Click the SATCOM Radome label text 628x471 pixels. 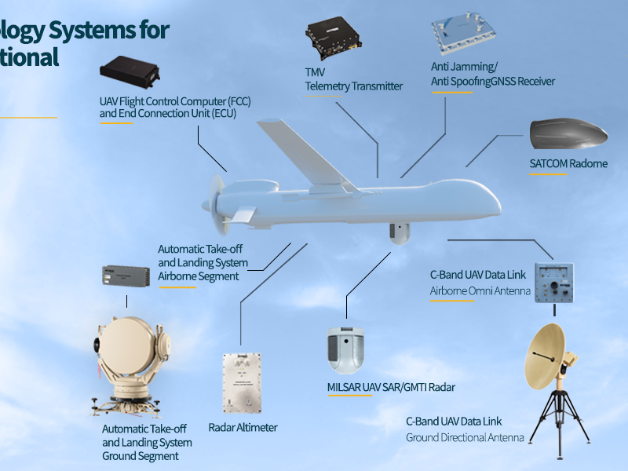coord(568,164)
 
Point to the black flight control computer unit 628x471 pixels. coord(130,71)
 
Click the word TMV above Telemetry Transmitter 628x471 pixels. coord(315,72)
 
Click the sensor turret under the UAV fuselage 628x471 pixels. coord(400,233)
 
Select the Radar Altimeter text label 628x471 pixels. coord(243,428)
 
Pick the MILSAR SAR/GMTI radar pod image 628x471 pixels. coord(347,349)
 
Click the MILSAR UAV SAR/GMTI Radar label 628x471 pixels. coord(391,387)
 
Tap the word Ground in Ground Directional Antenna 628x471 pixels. coord(422,437)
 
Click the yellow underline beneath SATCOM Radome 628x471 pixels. coord(546,174)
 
